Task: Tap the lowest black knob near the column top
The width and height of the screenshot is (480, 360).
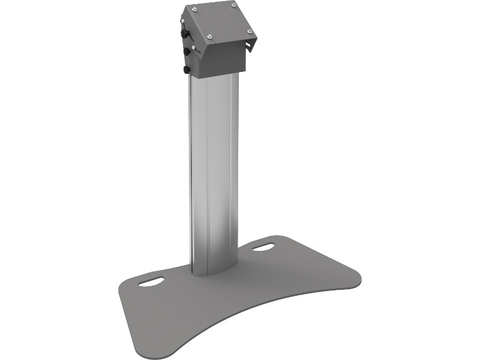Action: pyautogui.click(x=187, y=70)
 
